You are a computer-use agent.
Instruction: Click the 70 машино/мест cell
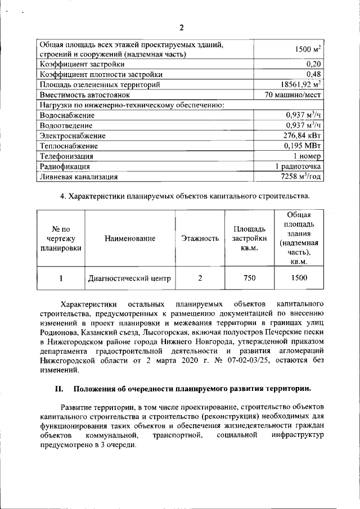tap(293, 95)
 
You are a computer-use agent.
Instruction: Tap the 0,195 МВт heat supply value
tap(303, 146)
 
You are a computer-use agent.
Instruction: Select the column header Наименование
tap(129, 238)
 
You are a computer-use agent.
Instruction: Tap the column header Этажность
tap(200, 238)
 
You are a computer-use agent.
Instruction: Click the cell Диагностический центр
tap(129, 278)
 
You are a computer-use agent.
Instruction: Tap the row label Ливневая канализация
tap(78, 177)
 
